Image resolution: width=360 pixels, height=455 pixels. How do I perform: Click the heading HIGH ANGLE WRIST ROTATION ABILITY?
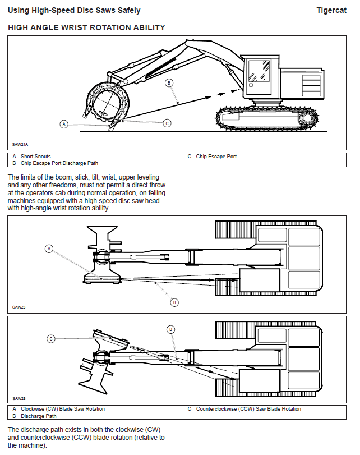pyautogui.click(x=86, y=27)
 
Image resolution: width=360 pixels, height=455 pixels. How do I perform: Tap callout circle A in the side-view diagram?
pyautogui.click(x=64, y=123)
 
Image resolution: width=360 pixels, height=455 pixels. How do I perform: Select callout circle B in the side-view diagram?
pyautogui.click(x=169, y=82)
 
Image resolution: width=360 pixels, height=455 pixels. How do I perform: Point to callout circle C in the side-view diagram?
pyautogui.click(x=167, y=123)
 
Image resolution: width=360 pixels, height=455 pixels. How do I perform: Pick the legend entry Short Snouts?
pyautogui.click(x=35, y=157)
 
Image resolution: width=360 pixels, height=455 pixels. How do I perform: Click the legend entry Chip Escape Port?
pyautogui.click(x=216, y=157)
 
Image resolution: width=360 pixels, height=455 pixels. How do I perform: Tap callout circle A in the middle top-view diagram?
pyautogui.click(x=49, y=248)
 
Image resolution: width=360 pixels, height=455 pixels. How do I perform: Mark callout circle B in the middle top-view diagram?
pyautogui.click(x=174, y=302)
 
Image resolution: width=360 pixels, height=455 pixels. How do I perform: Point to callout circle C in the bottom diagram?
pyautogui.click(x=50, y=338)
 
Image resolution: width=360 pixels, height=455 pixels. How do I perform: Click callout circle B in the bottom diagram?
pyautogui.click(x=171, y=329)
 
